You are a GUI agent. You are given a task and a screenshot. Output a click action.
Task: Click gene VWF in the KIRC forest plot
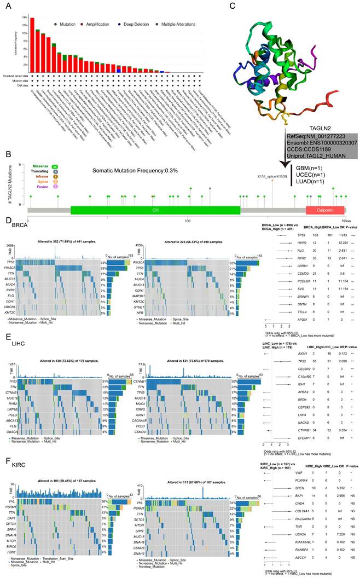pyautogui.click(x=284, y=472)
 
